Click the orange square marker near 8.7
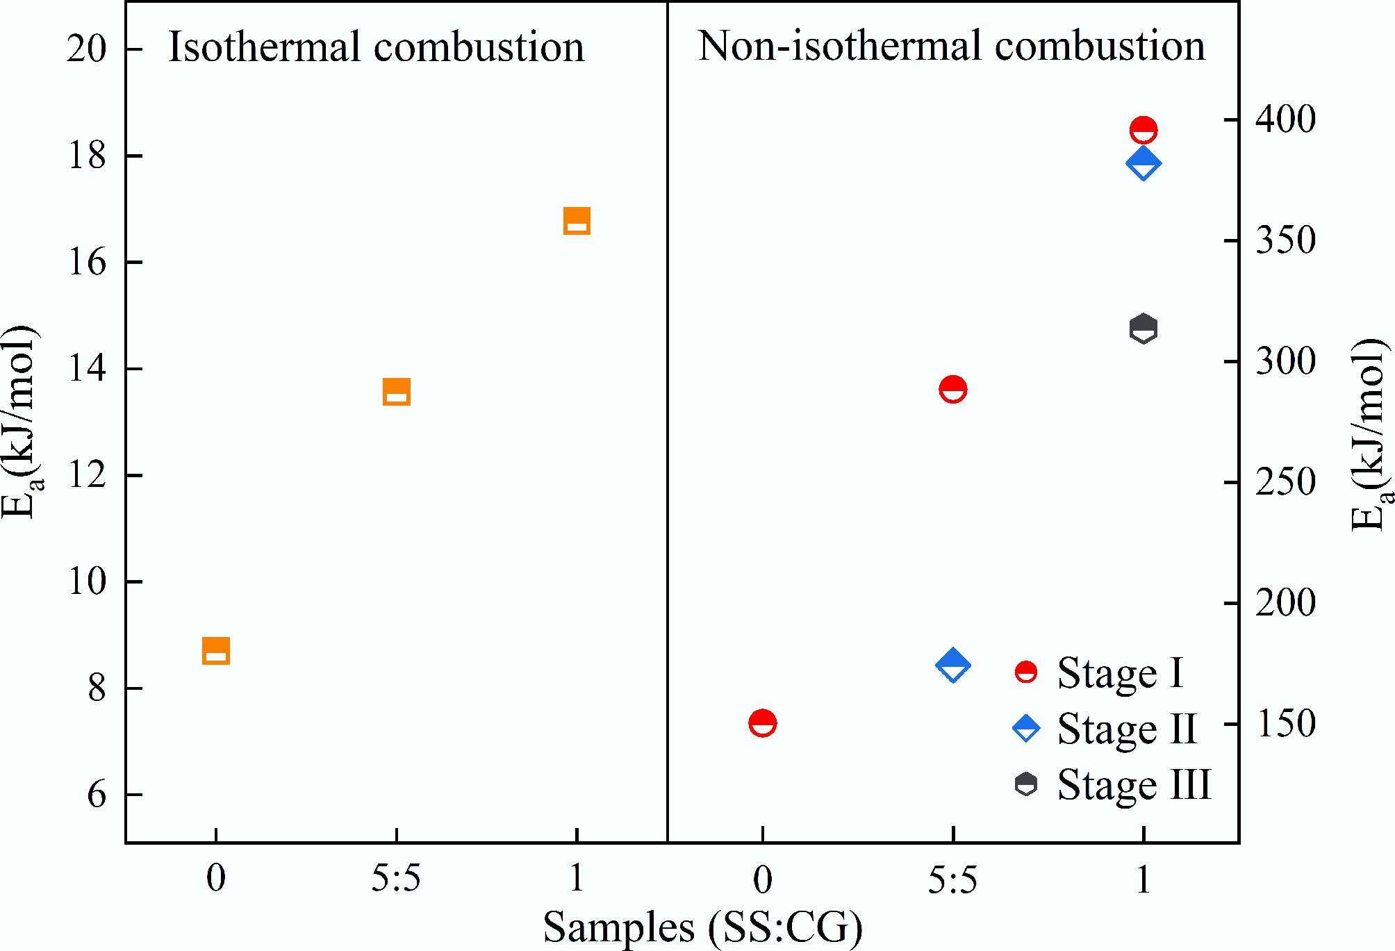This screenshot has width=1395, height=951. pyautogui.click(x=216, y=651)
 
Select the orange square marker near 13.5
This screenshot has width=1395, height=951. pyautogui.click(x=397, y=392)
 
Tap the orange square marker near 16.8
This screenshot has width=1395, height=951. pyautogui.click(x=577, y=221)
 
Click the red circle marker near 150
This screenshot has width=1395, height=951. pyautogui.click(x=763, y=723)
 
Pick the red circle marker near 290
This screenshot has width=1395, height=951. pyautogui.click(x=953, y=389)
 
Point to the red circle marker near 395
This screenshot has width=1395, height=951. pyautogui.click(x=1144, y=130)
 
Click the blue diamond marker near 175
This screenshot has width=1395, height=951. pyautogui.click(x=953, y=665)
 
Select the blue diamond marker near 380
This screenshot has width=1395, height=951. pyautogui.click(x=1144, y=163)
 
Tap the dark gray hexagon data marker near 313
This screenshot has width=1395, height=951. pyautogui.click(x=1144, y=329)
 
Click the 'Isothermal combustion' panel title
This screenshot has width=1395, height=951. pyautogui.click(x=376, y=47)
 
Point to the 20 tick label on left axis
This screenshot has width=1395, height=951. pyautogui.click(x=87, y=49)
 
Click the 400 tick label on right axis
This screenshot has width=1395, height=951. pyautogui.click(x=1285, y=119)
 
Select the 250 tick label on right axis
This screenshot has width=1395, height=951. pyautogui.click(x=1285, y=482)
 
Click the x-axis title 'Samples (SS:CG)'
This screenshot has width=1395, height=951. pyautogui.click(x=702, y=927)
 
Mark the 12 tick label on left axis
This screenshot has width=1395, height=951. pyautogui.click(x=87, y=475)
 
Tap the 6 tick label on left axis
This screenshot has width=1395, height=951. pyautogui.click(x=97, y=795)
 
